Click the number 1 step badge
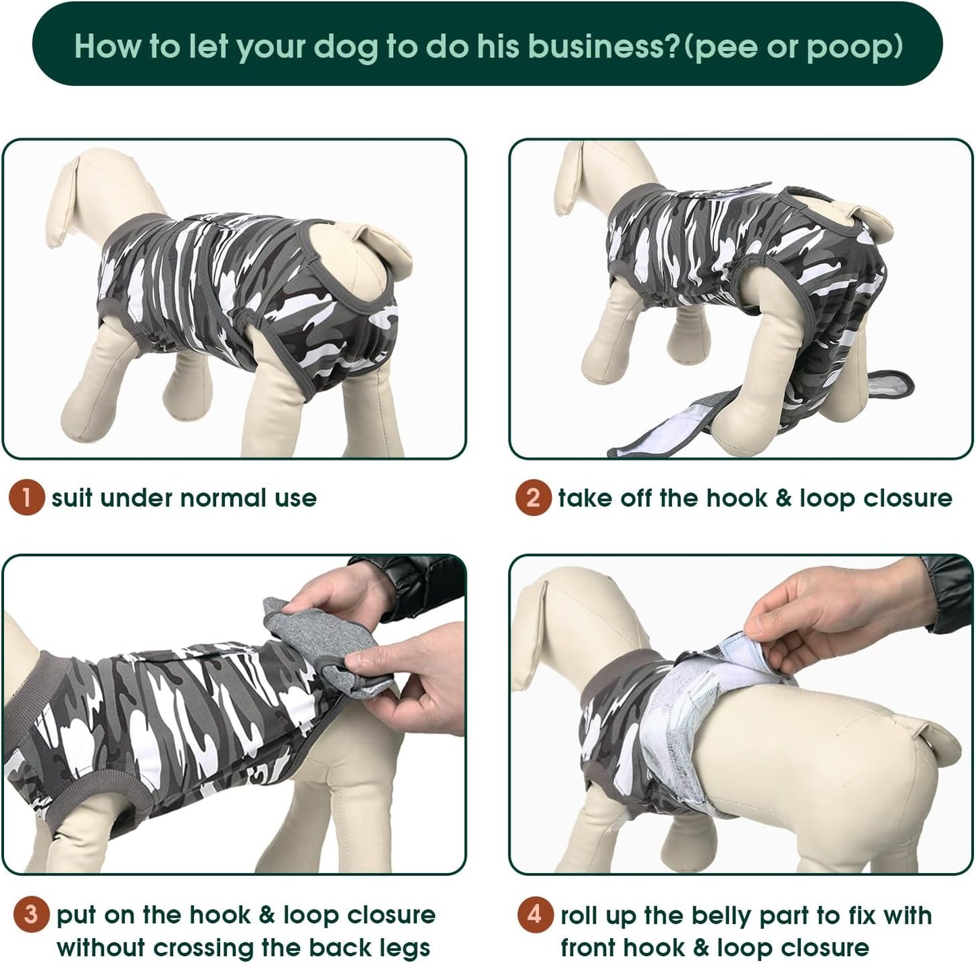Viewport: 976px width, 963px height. click(26, 498)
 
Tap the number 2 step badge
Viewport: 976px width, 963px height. click(533, 498)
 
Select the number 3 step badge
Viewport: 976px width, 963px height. click(30, 915)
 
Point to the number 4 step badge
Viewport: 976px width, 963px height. click(534, 915)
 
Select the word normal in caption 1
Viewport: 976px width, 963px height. click(223, 498)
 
